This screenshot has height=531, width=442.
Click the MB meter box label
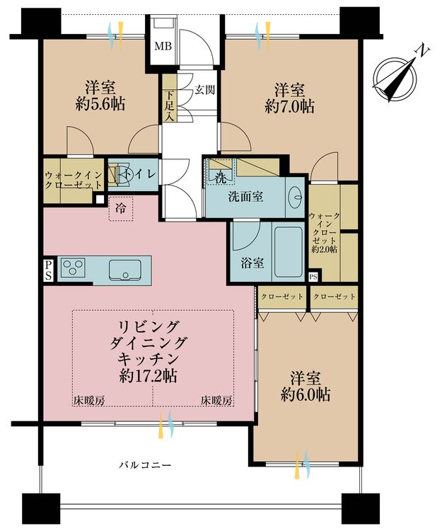[x=163, y=46]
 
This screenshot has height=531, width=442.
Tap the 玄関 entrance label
[x=205, y=90]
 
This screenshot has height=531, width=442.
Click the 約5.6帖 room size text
[x=100, y=104]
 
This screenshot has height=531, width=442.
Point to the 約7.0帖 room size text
[x=290, y=107]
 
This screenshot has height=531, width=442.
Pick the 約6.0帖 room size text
[x=306, y=394]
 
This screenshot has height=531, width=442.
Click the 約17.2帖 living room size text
[x=148, y=375]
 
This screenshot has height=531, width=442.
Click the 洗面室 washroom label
[x=246, y=197]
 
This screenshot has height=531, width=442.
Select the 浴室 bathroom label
[x=252, y=263]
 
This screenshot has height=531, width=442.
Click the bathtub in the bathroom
[x=289, y=252]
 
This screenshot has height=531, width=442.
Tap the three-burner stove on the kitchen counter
[x=73, y=268]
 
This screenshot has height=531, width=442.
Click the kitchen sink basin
[x=124, y=270]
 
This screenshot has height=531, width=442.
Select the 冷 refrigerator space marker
[x=121, y=208]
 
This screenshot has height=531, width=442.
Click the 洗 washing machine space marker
[x=221, y=178]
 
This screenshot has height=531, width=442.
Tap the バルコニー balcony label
[x=145, y=464]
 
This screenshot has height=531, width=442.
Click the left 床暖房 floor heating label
[x=89, y=401]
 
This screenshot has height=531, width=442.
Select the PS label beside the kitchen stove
[x=48, y=270]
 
